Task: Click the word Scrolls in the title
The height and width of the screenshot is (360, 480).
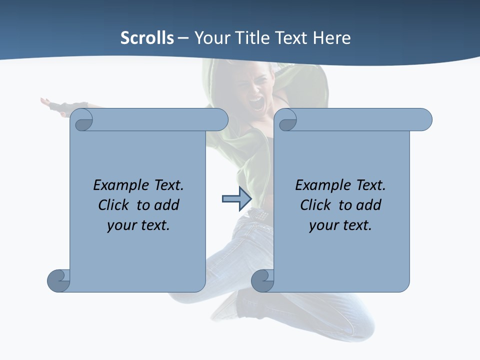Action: (x=147, y=38)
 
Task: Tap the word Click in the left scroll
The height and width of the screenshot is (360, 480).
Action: (x=115, y=205)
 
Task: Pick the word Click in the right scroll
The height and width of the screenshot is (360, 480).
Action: (x=317, y=205)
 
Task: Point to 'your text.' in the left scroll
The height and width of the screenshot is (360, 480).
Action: (x=138, y=225)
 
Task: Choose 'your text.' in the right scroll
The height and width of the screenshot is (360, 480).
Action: (x=340, y=225)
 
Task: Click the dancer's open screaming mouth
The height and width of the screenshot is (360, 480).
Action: (x=256, y=103)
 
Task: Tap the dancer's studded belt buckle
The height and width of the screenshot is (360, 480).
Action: (x=259, y=214)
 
